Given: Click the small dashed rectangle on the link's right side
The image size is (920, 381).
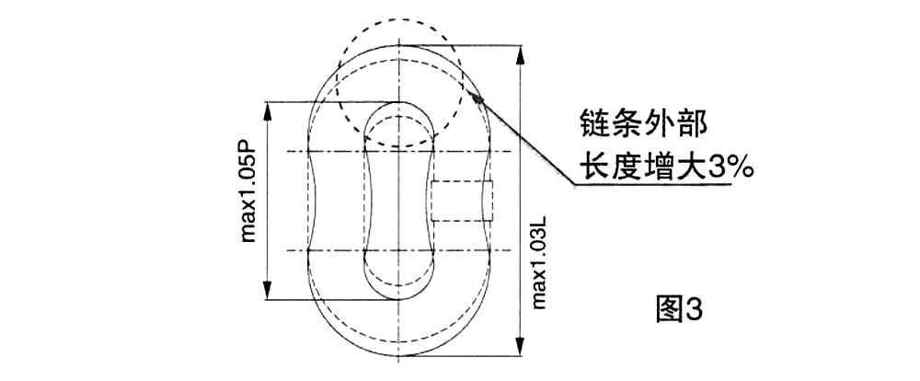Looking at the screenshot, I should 462,201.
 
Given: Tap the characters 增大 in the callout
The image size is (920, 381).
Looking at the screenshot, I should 675,167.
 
